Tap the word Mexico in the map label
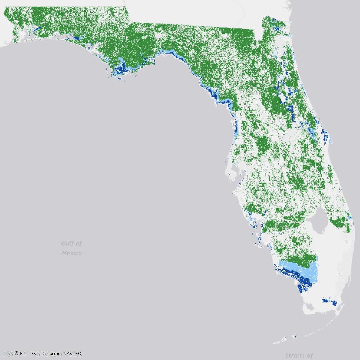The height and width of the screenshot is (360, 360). coord(72,253)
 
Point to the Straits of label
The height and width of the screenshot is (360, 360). coord(298,355)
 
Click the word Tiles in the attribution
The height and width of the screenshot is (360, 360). coord(9,353)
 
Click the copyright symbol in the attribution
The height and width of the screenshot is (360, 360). coord(17,353)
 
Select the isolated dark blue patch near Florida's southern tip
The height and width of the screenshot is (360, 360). coord(329,301)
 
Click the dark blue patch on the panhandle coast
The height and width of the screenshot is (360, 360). coord(121,69)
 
